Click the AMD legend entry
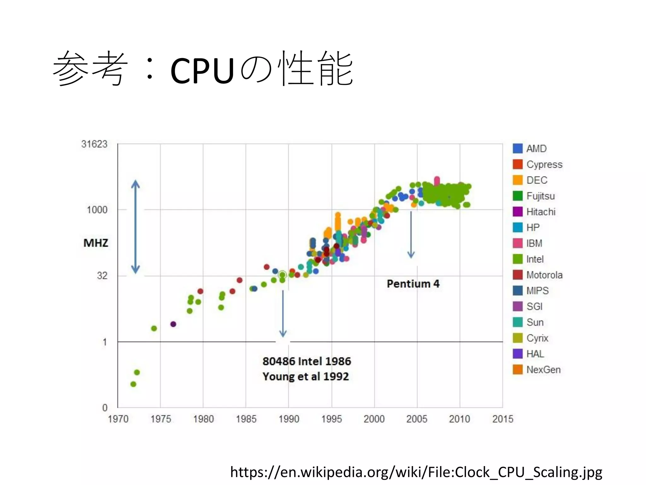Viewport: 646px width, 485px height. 536,148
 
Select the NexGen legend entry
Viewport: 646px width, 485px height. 543,369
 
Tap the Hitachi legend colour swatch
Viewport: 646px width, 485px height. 518,212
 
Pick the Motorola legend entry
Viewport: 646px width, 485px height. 544,275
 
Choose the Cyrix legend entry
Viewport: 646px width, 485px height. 537,338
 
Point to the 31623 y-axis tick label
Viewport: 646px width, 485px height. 94,144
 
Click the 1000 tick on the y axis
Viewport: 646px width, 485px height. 97,210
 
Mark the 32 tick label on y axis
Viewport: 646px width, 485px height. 102,276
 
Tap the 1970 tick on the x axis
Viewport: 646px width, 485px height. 118,419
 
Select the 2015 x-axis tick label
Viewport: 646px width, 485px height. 503,419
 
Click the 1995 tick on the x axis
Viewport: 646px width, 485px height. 332,419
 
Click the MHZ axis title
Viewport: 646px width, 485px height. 96,243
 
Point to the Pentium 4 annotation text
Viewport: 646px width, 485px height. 413,284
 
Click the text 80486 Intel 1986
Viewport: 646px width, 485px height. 307,361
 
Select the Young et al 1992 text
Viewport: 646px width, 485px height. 305,376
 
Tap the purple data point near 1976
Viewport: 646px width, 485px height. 173,324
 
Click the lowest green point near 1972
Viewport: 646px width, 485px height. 133,384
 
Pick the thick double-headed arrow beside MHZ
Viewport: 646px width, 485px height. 135,227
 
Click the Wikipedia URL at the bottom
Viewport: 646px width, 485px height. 416,472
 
